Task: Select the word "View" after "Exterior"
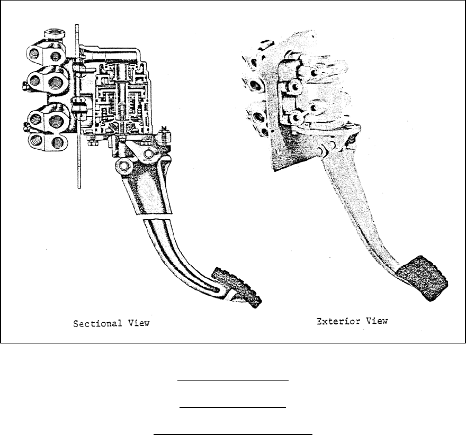click(377, 321)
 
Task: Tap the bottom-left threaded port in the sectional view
click(35, 141)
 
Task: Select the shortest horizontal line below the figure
click(233, 407)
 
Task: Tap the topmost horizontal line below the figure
click(233, 380)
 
